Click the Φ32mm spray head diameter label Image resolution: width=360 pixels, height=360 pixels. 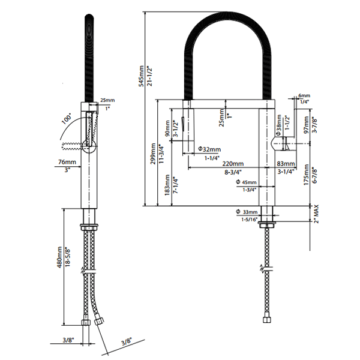(x=209, y=149)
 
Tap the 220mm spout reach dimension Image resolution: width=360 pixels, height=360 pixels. (x=232, y=163)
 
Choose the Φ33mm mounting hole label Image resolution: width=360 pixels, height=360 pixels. (x=247, y=212)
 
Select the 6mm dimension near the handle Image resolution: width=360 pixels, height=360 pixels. (x=305, y=95)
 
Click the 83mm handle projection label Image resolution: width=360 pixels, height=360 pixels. (x=286, y=163)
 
